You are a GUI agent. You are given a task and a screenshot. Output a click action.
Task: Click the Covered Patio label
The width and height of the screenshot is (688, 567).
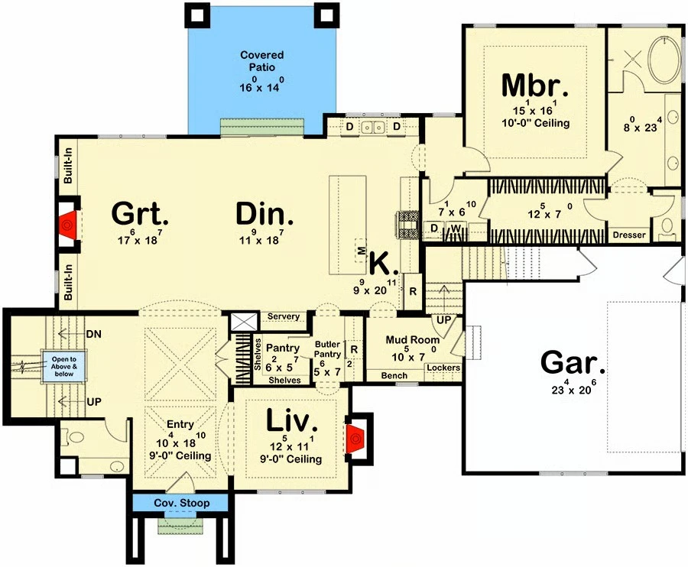262,61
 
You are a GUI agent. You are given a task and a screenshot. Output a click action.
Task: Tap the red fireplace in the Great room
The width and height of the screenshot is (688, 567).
68,225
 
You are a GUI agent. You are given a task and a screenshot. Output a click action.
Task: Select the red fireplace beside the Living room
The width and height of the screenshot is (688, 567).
355,438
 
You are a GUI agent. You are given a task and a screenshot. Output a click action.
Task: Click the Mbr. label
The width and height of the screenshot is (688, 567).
535,86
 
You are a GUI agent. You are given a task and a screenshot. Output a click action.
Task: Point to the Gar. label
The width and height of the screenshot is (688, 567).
573,364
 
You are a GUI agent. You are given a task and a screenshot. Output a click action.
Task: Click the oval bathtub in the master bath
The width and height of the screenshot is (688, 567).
665,60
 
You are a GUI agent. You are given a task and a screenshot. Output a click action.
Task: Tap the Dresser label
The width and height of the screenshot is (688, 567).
629,235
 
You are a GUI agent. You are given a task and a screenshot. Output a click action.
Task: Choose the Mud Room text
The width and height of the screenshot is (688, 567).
413,339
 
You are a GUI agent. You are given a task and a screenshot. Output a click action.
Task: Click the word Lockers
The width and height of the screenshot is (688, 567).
443,368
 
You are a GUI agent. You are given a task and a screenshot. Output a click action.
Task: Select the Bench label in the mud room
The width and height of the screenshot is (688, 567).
394,375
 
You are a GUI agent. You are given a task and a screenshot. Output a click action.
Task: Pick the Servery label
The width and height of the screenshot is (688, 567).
284,316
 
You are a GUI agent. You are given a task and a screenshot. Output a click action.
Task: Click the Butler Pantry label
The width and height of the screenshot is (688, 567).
327,349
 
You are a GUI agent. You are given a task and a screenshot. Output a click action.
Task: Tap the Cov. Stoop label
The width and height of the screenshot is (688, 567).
182,503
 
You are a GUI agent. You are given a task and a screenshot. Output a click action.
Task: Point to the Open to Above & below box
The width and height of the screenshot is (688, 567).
64,367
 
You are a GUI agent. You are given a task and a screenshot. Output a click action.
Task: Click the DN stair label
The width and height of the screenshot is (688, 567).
93,334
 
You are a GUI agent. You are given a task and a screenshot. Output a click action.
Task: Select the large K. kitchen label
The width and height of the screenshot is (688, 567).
385,264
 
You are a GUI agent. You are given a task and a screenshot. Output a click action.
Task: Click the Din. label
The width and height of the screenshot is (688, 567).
264,214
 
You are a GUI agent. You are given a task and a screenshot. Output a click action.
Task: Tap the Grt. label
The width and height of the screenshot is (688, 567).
140,213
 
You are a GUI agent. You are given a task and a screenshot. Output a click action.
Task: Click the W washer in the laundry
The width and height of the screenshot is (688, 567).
456,229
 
